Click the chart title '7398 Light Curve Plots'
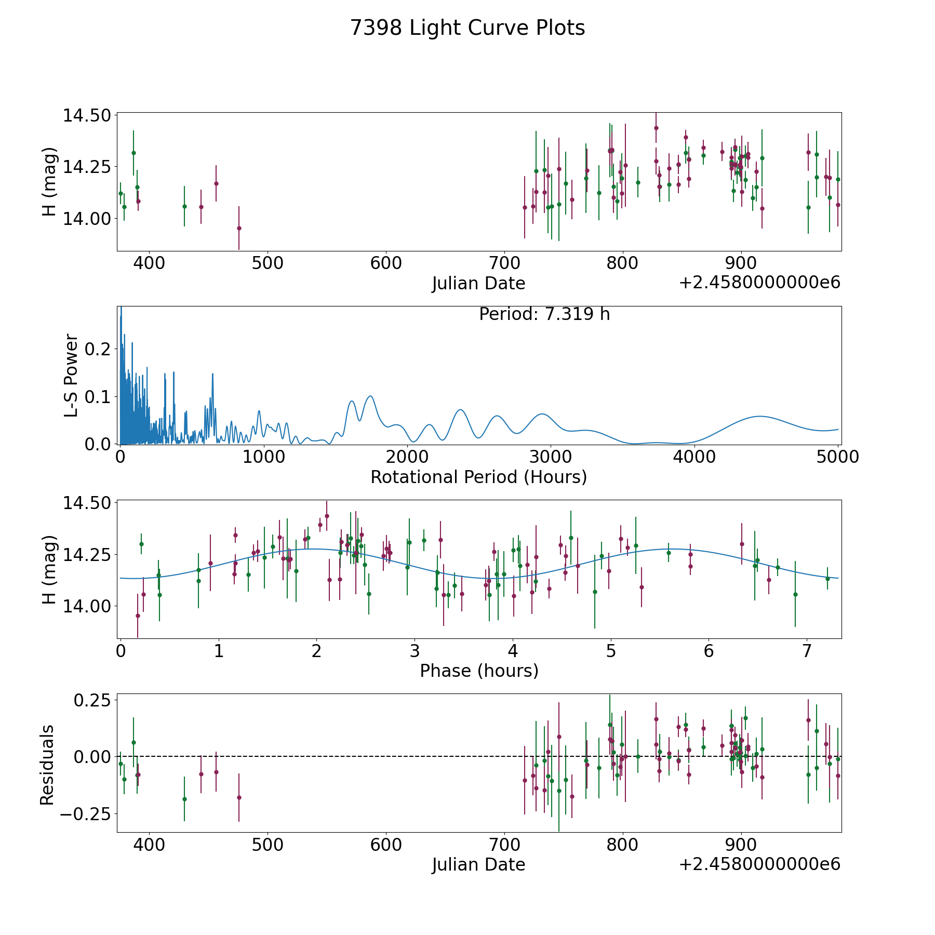468,28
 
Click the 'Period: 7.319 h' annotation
544,314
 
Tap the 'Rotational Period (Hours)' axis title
478,477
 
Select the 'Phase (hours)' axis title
478,671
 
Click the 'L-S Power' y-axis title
71,375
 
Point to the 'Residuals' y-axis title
47,765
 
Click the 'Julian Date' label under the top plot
478,284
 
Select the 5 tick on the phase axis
611,651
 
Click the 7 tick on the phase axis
807,651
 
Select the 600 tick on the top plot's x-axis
386,263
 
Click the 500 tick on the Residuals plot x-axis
268,845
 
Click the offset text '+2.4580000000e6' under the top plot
759,283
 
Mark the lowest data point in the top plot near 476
239,228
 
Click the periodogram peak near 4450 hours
760,416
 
